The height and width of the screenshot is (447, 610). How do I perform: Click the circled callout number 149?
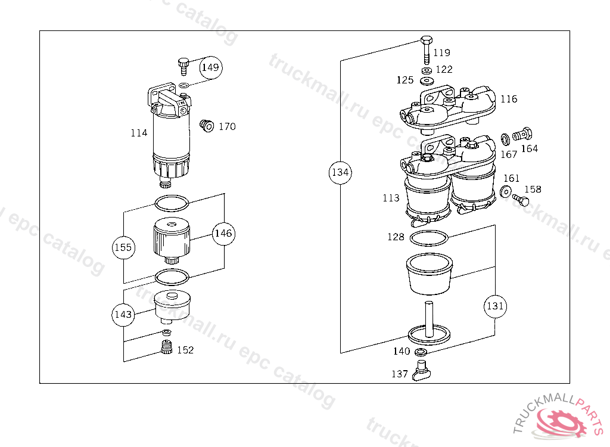tap(210, 67)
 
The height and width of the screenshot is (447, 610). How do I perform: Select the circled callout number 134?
tap(340, 173)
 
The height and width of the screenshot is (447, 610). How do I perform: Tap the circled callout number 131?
tap(495, 306)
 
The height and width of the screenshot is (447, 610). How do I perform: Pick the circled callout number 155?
tap(123, 247)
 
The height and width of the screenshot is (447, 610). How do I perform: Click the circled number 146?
tap(223, 234)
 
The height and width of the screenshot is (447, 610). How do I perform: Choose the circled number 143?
tap(123, 315)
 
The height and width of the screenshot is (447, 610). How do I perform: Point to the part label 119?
tap(441, 53)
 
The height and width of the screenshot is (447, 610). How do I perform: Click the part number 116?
tap(508, 99)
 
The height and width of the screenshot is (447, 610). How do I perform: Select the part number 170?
tap(227, 126)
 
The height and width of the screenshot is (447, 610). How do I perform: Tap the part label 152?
tap(185, 350)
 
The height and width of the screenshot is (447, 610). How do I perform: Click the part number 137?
tap(399, 374)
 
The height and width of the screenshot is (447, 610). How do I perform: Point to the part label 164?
tap(530, 148)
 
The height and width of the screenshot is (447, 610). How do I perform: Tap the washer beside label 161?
tap(506, 191)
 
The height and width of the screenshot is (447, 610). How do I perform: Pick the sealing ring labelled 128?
tap(428, 238)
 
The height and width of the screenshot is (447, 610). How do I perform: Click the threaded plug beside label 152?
tap(167, 347)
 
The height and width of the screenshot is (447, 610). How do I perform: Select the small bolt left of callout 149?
tap(183, 64)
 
